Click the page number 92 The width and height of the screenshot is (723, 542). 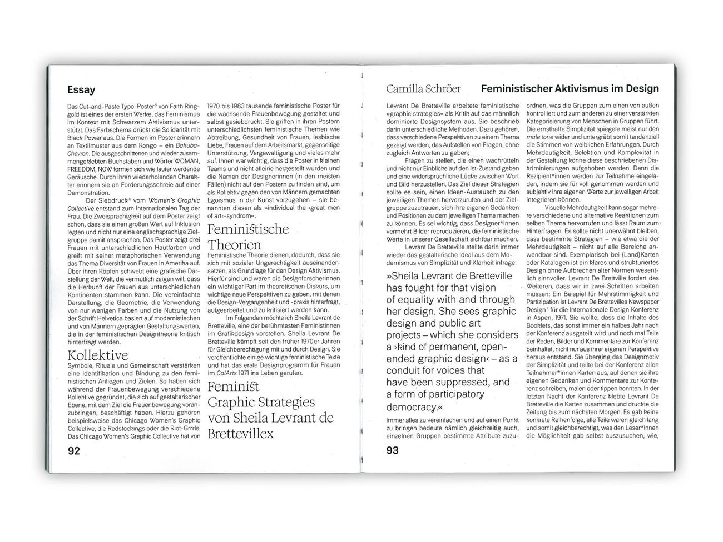pos(73,450)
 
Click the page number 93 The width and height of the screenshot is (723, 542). pos(392,450)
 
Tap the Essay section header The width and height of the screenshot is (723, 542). pos(81,89)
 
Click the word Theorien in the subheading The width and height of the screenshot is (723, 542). pos(234,244)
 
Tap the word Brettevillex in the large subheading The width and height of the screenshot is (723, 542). pos(240,433)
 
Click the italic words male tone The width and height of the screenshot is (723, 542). pos(539,136)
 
